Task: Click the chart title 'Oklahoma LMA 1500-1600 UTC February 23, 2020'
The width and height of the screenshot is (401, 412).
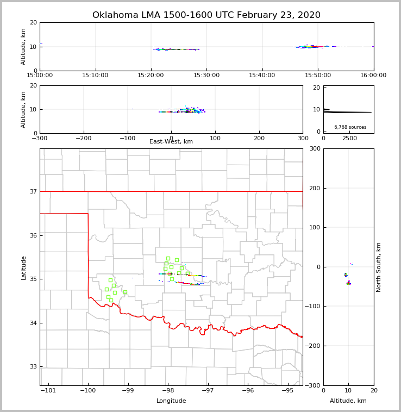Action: tap(206, 15)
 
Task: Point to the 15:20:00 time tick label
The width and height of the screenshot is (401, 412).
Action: tap(151, 76)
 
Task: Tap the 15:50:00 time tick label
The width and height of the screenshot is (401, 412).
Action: tap(318, 76)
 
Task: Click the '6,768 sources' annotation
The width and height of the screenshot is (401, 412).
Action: tap(350, 127)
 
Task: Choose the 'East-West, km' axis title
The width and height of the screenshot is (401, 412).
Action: tap(171, 142)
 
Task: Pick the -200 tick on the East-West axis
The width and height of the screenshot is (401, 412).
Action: tap(83, 138)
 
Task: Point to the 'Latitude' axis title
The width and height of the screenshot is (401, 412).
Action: tap(23, 267)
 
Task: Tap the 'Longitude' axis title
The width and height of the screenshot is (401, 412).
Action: tap(171, 401)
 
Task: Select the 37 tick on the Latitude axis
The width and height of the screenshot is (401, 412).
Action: tap(33, 192)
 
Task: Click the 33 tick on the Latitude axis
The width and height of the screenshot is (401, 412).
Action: tap(33, 367)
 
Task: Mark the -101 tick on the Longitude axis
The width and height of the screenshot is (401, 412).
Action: tap(49, 390)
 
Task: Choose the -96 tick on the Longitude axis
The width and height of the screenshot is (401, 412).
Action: tap(248, 390)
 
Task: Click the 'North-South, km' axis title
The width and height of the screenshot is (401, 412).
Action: tap(379, 267)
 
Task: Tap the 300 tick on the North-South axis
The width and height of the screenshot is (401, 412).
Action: tap(315, 149)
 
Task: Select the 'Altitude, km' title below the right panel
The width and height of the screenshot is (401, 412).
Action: tap(348, 401)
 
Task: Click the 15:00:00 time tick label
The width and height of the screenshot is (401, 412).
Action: tap(40, 76)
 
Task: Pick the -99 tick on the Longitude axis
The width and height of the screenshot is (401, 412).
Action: tap(128, 390)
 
